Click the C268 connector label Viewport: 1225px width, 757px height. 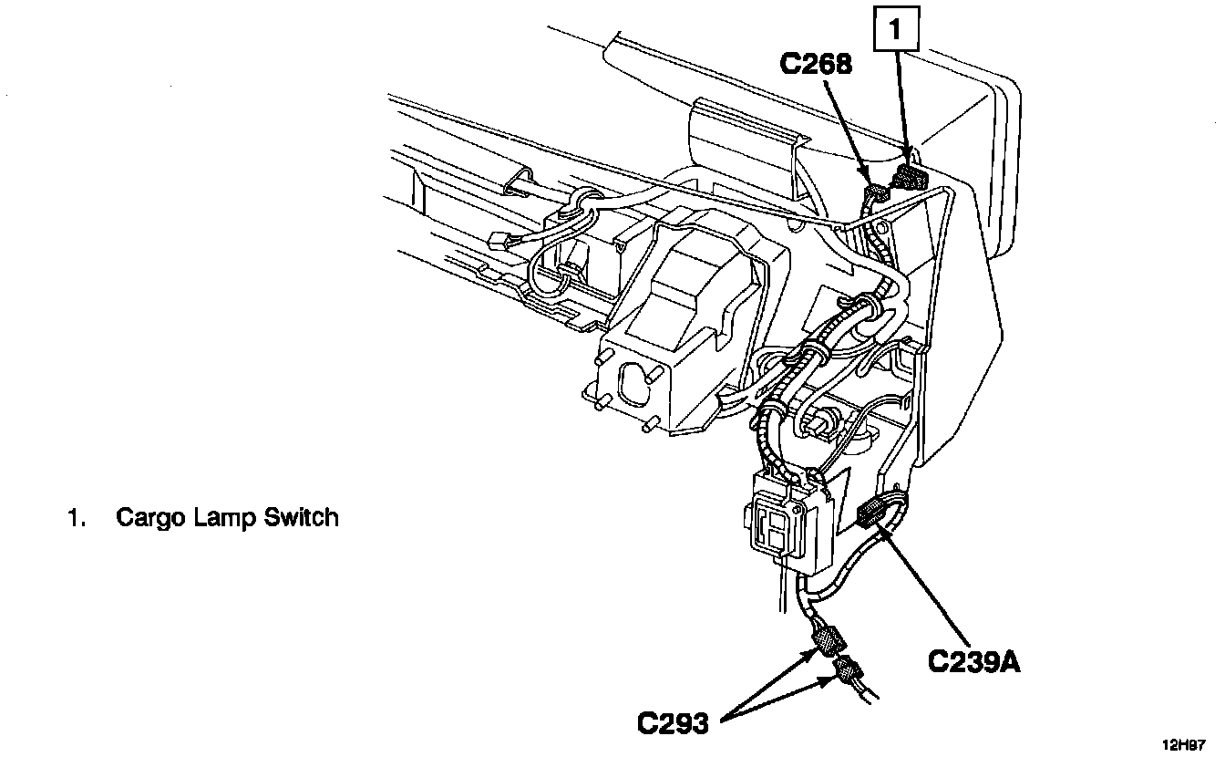tap(816, 64)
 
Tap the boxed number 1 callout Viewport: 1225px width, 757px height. tap(895, 30)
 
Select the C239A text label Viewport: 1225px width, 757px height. tap(973, 660)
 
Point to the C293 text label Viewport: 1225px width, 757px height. tap(673, 723)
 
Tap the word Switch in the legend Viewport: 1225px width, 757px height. tap(301, 518)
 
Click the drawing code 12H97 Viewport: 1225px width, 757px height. tap(1184, 743)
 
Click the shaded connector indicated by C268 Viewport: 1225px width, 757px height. tap(876, 192)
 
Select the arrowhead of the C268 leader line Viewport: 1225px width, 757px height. tap(868, 181)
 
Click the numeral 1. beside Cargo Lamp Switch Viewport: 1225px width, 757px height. tap(75, 518)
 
